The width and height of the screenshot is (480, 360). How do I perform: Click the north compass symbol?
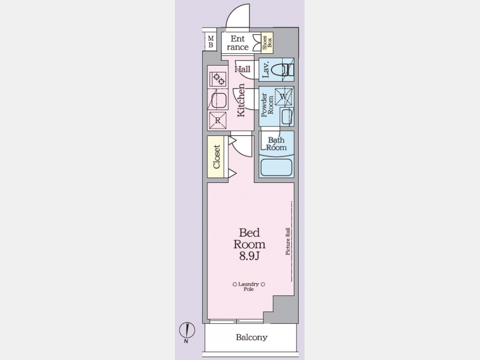click(187, 331)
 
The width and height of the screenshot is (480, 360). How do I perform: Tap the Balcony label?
click(252, 338)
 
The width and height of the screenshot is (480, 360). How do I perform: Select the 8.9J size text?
click(249, 256)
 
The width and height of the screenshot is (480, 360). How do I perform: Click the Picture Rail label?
click(288, 241)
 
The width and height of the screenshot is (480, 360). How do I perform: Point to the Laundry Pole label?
click(249, 286)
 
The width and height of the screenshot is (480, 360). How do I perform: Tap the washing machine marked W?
click(284, 97)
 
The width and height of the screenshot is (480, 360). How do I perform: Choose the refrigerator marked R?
click(218, 121)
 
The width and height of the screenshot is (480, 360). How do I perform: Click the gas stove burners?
click(218, 79)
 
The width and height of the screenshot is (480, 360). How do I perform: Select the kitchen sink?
click(218, 100)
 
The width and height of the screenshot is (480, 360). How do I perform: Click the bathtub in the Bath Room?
click(276, 167)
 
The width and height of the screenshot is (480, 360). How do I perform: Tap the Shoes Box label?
click(267, 43)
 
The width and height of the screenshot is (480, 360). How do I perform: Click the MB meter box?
click(211, 42)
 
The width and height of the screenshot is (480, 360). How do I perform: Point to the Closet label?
click(217, 157)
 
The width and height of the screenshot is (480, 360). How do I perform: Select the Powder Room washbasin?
click(287, 116)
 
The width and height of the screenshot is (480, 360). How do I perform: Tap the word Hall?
click(243, 69)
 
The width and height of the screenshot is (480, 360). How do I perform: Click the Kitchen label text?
click(241, 100)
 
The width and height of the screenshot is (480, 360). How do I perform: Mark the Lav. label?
click(266, 69)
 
